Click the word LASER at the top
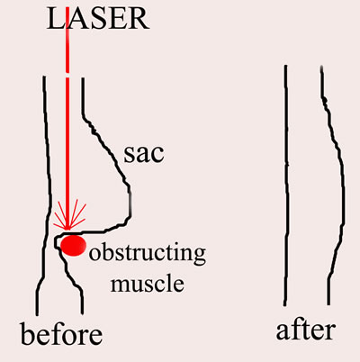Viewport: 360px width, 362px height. coord(98,19)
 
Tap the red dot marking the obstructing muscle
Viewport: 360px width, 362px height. coord(73,245)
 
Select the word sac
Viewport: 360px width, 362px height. coord(144,153)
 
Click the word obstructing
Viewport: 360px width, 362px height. coord(148,254)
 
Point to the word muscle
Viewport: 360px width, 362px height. coord(147,284)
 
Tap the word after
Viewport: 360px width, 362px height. coord(305,330)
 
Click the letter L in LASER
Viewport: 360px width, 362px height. coord(56,19)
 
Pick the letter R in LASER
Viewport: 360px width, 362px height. coord(139,19)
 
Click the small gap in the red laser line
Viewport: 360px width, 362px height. coord(67,75)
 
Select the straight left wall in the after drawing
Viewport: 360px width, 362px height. coord(286,186)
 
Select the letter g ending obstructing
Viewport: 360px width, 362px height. coord(199,256)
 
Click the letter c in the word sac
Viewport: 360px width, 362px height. coord(157,156)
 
